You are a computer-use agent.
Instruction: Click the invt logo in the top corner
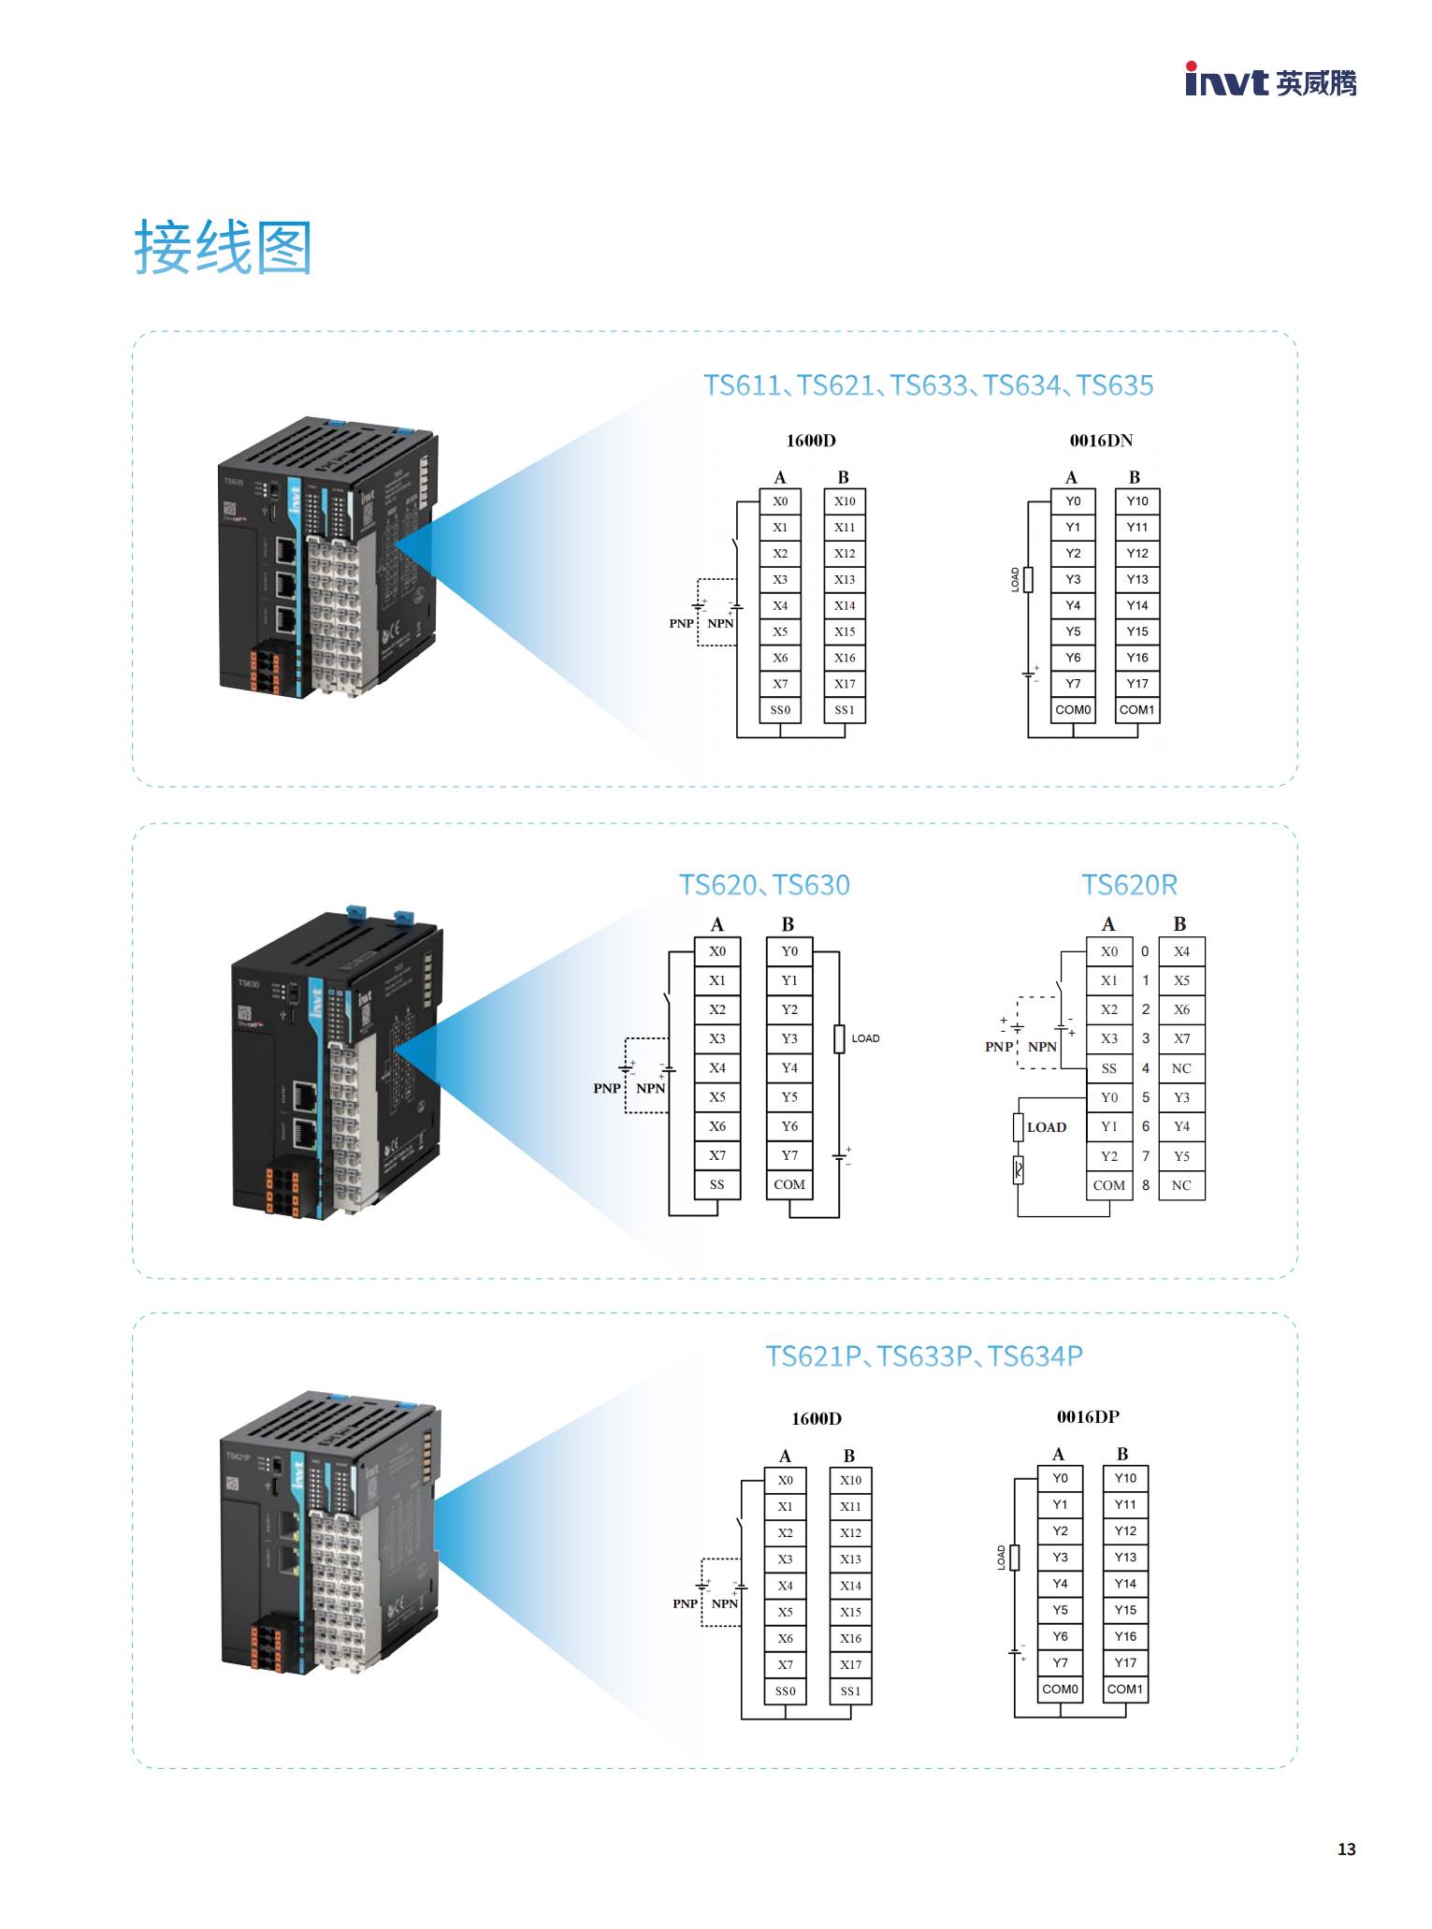click(1269, 81)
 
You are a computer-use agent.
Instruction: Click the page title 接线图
click(223, 248)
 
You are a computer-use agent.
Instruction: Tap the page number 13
click(1346, 1849)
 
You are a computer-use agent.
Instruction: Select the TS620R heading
click(1129, 885)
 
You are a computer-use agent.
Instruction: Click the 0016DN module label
click(1101, 441)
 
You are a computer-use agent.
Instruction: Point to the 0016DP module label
click(1088, 1416)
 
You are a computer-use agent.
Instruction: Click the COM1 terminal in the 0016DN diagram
click(1136, 710)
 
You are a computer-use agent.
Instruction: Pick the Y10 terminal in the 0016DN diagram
click(1136, 501)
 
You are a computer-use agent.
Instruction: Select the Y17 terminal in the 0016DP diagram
click(1125, 1662)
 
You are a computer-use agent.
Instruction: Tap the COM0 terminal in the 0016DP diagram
click(1060, 1689)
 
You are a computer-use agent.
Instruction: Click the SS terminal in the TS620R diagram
click(1108, 1068)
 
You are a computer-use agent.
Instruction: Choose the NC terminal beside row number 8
click(1181, 1185)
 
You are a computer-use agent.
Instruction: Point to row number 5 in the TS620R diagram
click(1145, 1097)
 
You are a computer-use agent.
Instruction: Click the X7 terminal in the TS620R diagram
click(1181, 1038)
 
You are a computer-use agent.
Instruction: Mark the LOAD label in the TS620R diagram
click(1047, 1127)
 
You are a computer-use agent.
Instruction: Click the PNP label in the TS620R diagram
click(998, 1047)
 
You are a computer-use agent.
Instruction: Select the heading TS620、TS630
click(764, 885)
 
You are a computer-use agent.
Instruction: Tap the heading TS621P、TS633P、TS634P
click(924, 1356)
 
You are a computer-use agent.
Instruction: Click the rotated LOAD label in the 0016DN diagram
click(1016, 579)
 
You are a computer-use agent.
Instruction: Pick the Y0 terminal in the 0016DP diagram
click(1060, 1478)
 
